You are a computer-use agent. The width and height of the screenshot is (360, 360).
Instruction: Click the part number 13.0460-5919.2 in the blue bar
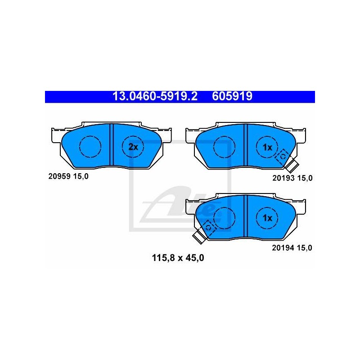click(155, 96)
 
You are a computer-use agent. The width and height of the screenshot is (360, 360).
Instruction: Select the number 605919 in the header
click(232, 96)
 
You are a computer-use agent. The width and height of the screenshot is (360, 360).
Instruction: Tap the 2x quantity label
click(133, 147)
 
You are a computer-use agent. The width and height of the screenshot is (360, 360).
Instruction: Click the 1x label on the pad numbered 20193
click(267, 148)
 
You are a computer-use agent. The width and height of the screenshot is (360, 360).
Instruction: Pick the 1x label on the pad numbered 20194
click(267, 218)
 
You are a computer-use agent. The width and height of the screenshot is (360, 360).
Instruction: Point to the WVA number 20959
click(59, 176)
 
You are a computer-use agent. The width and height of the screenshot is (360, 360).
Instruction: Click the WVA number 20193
click(283, 178)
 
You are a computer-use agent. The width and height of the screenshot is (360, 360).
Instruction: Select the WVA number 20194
click(283, 248)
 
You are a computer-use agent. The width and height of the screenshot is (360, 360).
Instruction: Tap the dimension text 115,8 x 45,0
click(178, 258)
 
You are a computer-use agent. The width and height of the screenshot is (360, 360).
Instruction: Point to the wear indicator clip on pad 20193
click(287, 161)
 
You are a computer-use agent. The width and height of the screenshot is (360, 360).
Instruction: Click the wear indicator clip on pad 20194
click(205, 232)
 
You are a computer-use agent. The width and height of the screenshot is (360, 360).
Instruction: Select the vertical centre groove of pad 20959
click(111, 144)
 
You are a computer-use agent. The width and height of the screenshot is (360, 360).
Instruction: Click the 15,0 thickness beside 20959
click(81, 176)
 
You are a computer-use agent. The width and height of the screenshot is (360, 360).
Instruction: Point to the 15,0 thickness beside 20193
click(305, 178)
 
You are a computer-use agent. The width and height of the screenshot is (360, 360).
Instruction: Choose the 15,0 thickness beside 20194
click(305, 248)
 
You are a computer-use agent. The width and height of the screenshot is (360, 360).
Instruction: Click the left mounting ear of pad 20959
click(57, 136)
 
